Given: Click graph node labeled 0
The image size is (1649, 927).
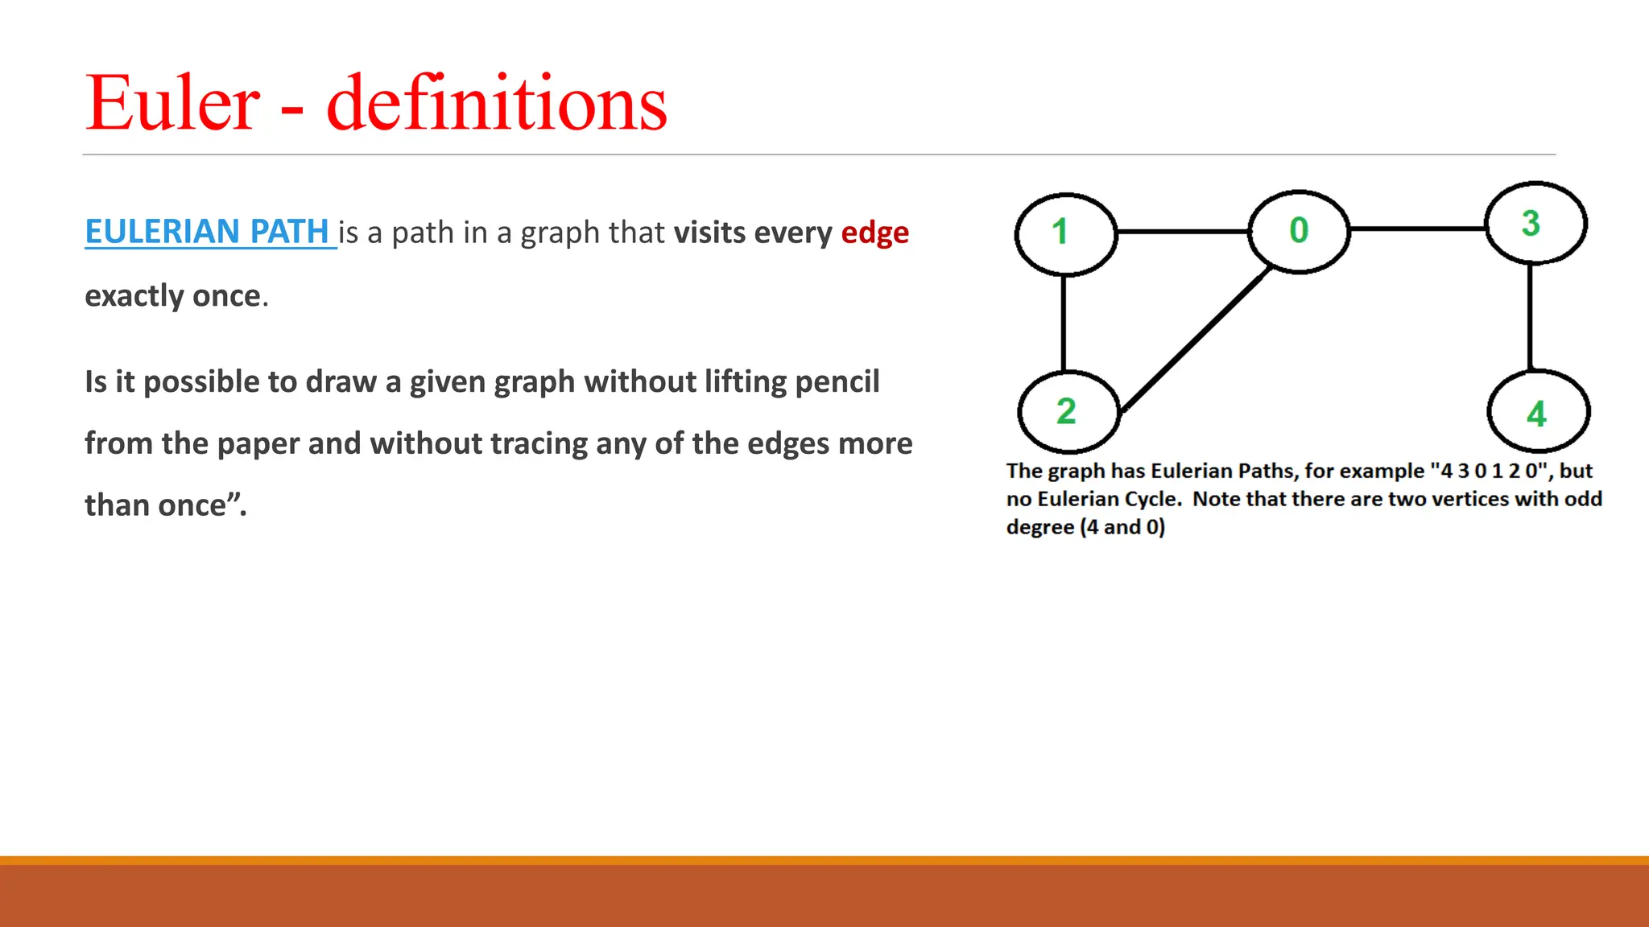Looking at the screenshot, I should point(1298,232).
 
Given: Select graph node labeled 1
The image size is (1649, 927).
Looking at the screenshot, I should point(1064,233).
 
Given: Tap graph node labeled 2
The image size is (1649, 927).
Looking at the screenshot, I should point(1068,411).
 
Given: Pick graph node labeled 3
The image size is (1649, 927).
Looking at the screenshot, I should point(1535,223).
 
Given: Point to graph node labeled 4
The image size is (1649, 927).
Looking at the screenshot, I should point(1538,412).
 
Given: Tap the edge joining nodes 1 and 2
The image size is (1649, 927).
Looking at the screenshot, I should point(1064,323).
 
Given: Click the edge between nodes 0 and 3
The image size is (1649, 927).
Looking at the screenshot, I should point(1417,229).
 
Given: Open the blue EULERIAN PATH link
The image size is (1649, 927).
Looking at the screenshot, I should point(208,232).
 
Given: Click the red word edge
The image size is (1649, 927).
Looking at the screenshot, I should point(874,233).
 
